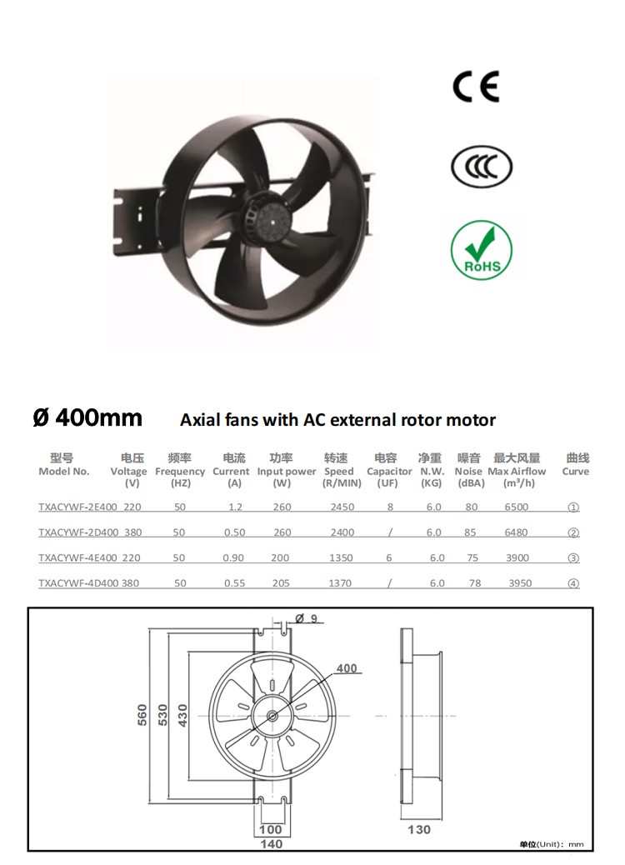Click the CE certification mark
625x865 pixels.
click(x=476, y=87)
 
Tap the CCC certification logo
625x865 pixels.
click(x=481, y=167)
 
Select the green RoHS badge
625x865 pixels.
click(x=481, y=251)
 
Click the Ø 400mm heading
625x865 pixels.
click(x=87, y=417)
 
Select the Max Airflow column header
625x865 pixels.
click(x=517, y=471)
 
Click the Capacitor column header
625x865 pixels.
click(x=389, y=471)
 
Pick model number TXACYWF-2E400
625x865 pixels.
click(x=77, y=507)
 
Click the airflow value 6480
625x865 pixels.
click(x=516, y=532)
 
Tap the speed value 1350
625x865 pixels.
click(x=341, y=557)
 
